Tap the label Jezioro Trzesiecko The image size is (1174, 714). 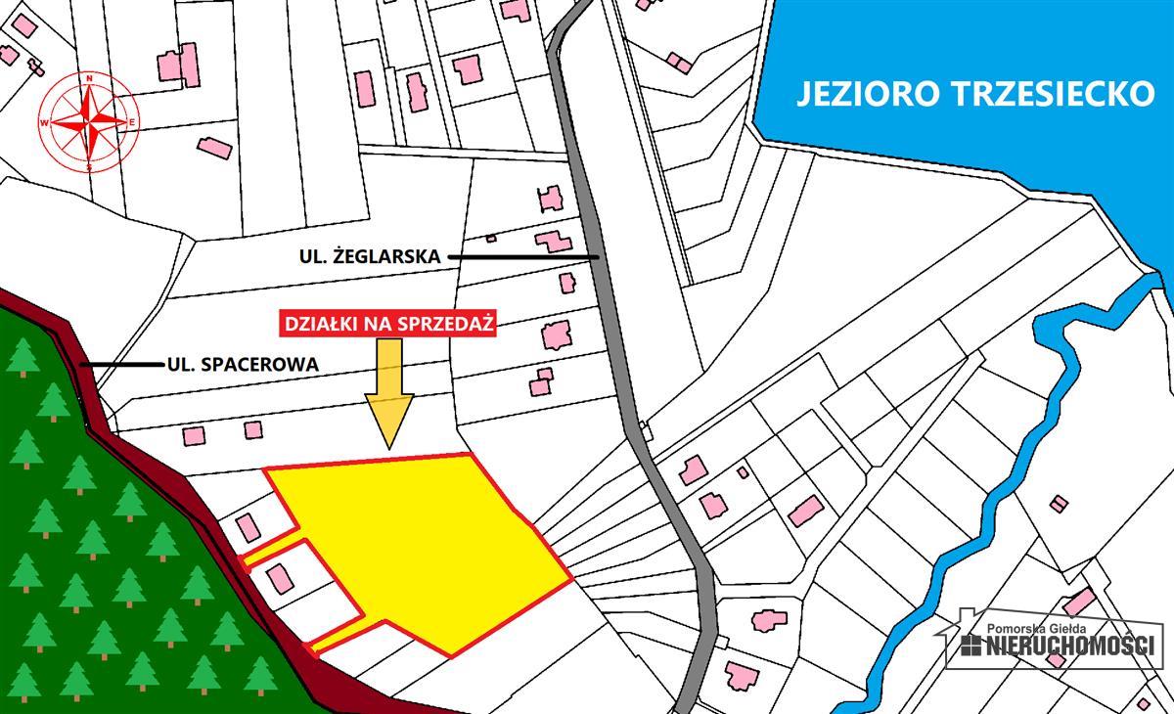click(x=973, y=94)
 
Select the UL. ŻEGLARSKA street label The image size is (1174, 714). click(x=370, y=257)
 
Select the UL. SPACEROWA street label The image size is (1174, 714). click(x=243, y=365)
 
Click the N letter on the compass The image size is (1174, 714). click(x=89, y=77)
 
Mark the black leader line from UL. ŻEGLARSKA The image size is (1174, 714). click(x=523, y=257)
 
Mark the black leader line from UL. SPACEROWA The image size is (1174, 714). click(x=123, y=365)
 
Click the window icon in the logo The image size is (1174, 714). click(x=971, y=646)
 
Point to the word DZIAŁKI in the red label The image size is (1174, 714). click(x=317, y=325)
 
